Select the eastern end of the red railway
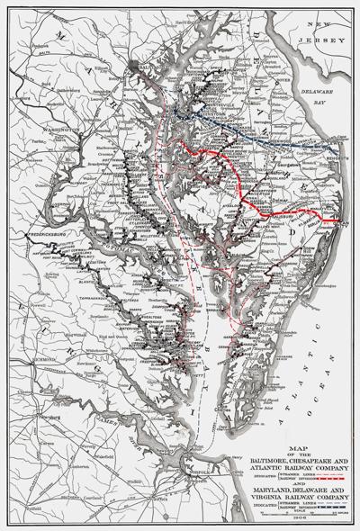click(x=338, y=220)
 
